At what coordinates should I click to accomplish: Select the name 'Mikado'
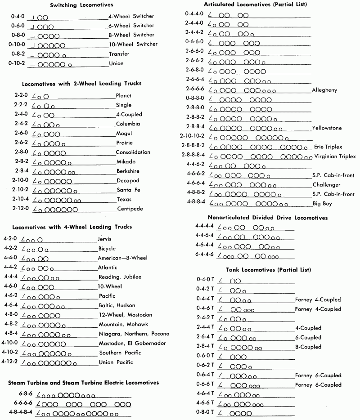point(126,161)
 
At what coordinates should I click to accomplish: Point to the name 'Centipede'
point(130,209)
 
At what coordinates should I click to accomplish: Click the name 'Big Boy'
point(323,203)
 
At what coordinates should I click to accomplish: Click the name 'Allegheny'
point(324,89)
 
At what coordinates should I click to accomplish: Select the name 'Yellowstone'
point(327,128)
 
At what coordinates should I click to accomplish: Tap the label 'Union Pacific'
point(117,362)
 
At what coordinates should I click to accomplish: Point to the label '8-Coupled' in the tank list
point(308,347)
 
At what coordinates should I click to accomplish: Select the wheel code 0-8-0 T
point(205,412)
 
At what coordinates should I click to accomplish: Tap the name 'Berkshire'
point(128,171)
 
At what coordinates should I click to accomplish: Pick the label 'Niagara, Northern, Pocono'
point(134,334)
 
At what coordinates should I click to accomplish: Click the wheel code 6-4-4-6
point(204,255)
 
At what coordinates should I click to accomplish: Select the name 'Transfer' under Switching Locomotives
point(119,54)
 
